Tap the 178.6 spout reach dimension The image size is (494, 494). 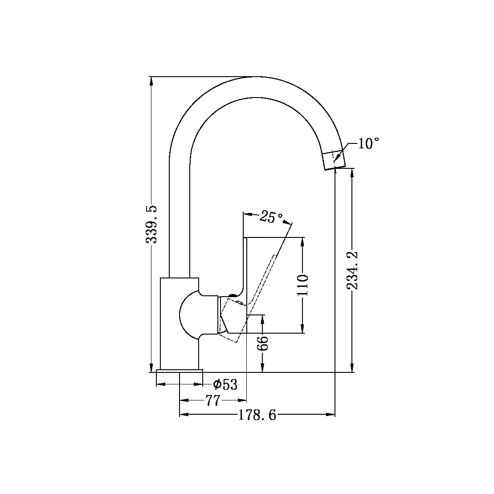(257, 415)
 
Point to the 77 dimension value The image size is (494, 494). (213, 401)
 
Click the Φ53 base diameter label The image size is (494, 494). (225, 384)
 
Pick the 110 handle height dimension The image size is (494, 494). (302, 286)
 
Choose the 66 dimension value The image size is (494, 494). (263, 343)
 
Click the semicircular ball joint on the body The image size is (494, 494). (189, 314)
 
